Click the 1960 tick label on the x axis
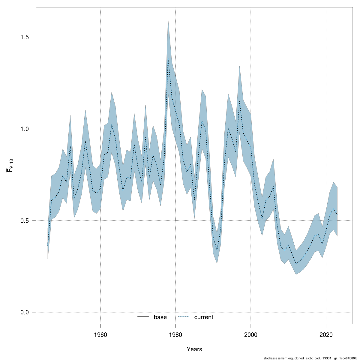pos(100,335)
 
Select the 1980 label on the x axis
pos(175,335)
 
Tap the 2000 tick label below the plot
pos(251,335)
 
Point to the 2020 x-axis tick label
pos(326,335)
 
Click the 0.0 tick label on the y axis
pos(24,312)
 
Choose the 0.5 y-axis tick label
pos(24,220)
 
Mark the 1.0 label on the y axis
pos(24,129)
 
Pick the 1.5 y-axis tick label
pos(24,37)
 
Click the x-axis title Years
pos(194,349)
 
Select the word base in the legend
pos(160,317)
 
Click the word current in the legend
pos(204,317)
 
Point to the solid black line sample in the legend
pos(143,317)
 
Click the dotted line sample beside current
pos(184,317)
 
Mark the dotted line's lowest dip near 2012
pos(296,264)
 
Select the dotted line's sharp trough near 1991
pos(217,250)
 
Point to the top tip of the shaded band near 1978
pos(168,19)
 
